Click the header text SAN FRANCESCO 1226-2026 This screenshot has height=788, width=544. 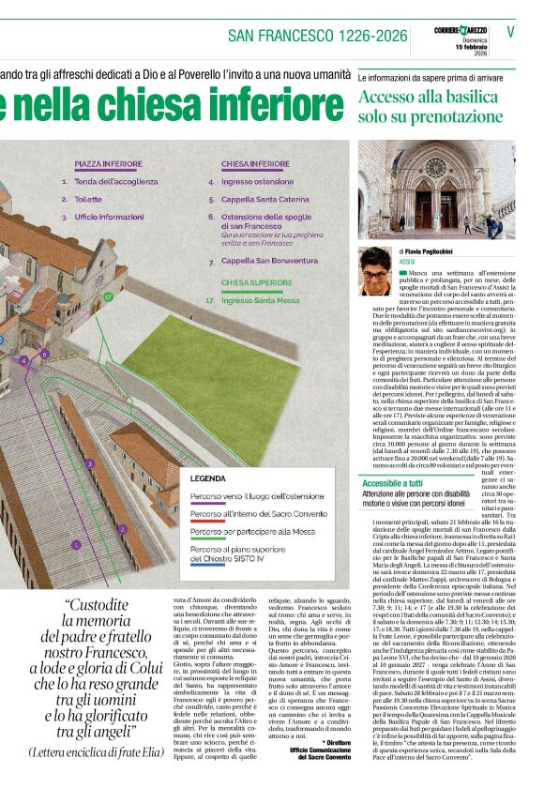tap(318, 36)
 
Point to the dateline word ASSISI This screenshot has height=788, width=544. tap(409, 263)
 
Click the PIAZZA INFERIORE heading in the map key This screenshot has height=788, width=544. tap(108, 163)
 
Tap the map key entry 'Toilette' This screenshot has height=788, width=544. tap(88, 199)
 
